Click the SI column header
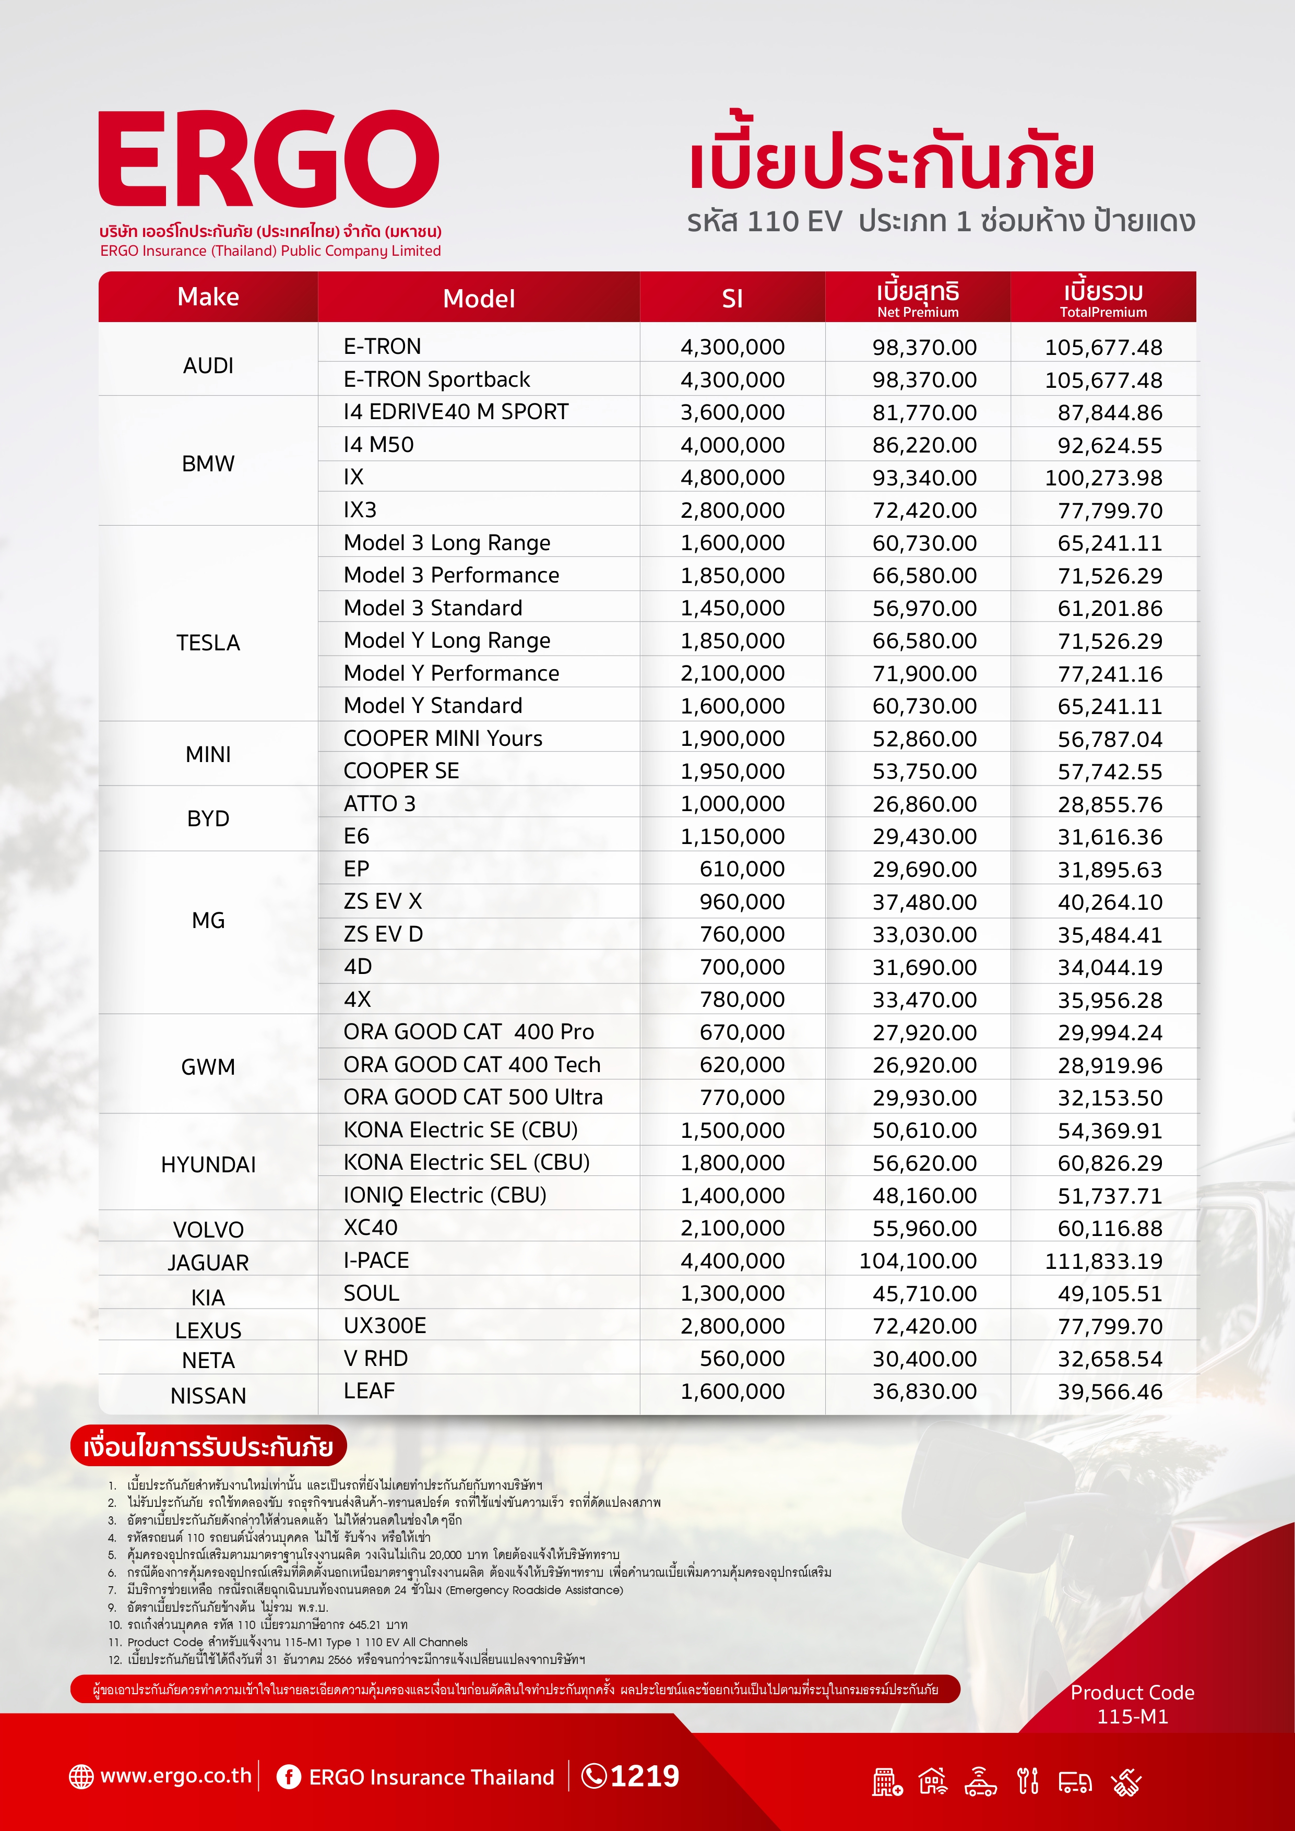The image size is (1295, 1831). pyautogui.click(x=732, y=298)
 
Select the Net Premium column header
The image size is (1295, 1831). pyautogui.click(x=918, y=298)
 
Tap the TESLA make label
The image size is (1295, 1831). pyautogui.click(x=208, y=643)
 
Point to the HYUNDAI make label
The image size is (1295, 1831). pyautogui.click(x=208, y=1165)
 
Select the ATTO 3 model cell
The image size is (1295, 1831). pyautogui.click(x=379, y=804)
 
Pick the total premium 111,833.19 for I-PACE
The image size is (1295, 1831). pyautogui.click(x=1103, y=1262)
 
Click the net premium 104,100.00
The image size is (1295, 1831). pyautogui.click(x=918, y=1262)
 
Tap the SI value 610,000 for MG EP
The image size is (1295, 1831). pyautogui.click(x=742, y=869)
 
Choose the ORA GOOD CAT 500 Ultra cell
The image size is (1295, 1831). pyautogui.click(x=473, y=1097)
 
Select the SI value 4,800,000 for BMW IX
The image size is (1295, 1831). pyautogui.click(x=732, y=478)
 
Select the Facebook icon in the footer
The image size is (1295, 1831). pyautogui.click(x=288, y=1777)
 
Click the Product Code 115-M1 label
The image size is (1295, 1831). pyautogui.click(x=1132, y=1704)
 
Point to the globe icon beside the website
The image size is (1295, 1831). pyautogui.click(x=81, y=1777)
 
